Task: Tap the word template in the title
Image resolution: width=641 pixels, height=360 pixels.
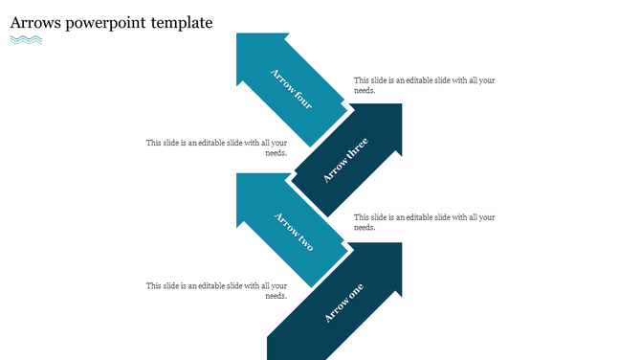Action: tap(182, 23)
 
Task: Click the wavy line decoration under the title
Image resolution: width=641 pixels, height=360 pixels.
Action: tap(26, 40)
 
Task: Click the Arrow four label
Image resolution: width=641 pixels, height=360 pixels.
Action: tap(291, 88)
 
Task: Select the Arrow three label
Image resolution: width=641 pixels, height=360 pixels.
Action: tap(345, 160)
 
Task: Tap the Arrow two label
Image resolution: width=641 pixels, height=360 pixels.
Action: tap(294, 231)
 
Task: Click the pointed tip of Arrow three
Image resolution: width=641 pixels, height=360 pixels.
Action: tap(399, 106)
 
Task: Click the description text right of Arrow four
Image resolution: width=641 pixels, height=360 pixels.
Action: tap(424, 85)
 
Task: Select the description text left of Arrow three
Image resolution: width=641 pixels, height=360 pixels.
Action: tap(216, 147)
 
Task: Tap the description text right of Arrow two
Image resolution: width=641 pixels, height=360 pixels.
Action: tap(424, 222)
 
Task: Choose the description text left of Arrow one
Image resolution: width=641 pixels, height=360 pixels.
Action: tap(216, 290)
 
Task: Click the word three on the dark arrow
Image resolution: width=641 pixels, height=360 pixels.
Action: tap(354, 151)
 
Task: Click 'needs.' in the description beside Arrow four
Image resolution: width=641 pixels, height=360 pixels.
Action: tap(365, 91)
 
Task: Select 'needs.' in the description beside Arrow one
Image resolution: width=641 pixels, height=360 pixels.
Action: tap(276, 296)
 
